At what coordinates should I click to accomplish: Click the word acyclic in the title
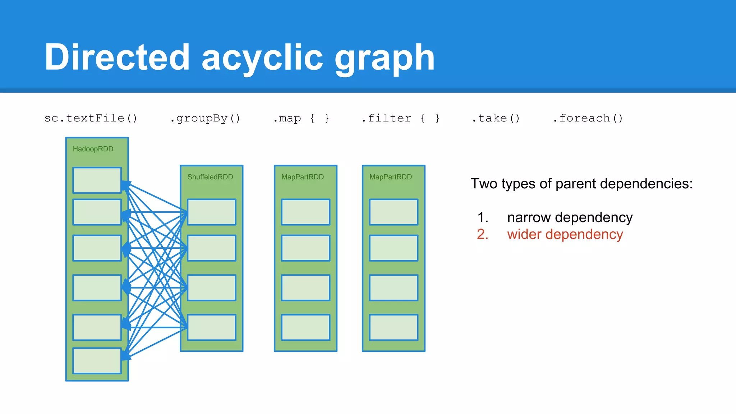tap(262, 57)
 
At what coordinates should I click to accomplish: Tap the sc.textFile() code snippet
tap(91, 118)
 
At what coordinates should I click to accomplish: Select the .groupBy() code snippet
tap(205, 118)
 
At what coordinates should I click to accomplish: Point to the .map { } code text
tap(301, 118)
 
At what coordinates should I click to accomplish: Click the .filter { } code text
tap(400, 118)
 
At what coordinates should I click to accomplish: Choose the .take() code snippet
tap(496, 118)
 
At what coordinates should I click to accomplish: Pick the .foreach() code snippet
tap(588, 118)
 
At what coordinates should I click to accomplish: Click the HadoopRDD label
tap(93, 149)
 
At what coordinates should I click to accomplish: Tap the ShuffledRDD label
tap(210, 177)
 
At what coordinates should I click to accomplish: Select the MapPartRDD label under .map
tap(302, 177)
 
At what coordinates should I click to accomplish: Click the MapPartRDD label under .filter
tap(390, 177)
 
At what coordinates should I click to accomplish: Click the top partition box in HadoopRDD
tap(97, 180)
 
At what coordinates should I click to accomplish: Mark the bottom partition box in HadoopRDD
tap(97, 360)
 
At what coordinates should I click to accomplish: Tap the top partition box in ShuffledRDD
tap(211, 212)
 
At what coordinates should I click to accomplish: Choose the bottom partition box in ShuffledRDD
tap(211, 327)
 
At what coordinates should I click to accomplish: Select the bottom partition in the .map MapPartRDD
tap(305, 327)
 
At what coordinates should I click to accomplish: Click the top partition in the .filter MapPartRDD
tap(394, 212)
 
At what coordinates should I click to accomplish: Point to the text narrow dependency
tap(570, 217)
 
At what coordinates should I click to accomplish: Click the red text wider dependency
tap(565, 234)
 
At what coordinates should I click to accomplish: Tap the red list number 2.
tap(482, 234)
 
